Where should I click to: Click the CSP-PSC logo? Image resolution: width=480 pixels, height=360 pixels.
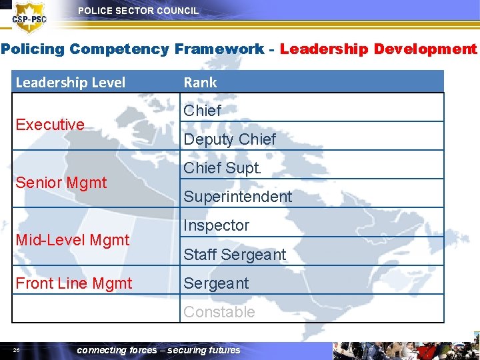pos(29,17)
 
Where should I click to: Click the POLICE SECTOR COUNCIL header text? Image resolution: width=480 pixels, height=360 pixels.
pos(138,11)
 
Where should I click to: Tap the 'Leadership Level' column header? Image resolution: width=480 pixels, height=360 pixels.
pos(70,83)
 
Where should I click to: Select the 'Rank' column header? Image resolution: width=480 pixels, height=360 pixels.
pos(200,83)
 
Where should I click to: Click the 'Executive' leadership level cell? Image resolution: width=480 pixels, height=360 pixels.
pos(50,125)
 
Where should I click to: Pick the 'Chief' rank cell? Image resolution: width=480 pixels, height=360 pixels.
pos(202,111)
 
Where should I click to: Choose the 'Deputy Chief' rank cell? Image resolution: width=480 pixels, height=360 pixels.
pos(229,139)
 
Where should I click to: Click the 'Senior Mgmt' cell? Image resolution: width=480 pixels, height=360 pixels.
pos(61,182)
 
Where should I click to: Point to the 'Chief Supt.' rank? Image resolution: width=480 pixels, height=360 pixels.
pos(223,168)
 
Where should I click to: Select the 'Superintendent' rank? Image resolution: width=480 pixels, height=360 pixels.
pos(237,197)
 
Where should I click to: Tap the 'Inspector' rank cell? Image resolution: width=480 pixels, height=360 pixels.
pos(216,225)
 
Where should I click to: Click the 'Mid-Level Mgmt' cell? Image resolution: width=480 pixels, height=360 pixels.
pos(72,240)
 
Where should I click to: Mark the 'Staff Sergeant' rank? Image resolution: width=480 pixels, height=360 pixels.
pos(234,255)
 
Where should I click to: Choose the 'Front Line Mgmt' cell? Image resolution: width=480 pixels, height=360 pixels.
pos(73,283)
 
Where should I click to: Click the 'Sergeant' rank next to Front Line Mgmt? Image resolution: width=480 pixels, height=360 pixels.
pos(216,283)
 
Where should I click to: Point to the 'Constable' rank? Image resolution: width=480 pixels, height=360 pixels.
pos(219,312)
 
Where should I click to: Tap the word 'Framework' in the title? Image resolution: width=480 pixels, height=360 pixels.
pos(219,49)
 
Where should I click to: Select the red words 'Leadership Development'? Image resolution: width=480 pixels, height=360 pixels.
pos(378,49)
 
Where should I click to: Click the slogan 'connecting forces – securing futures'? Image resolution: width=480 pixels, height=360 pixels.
pos(159,350)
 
